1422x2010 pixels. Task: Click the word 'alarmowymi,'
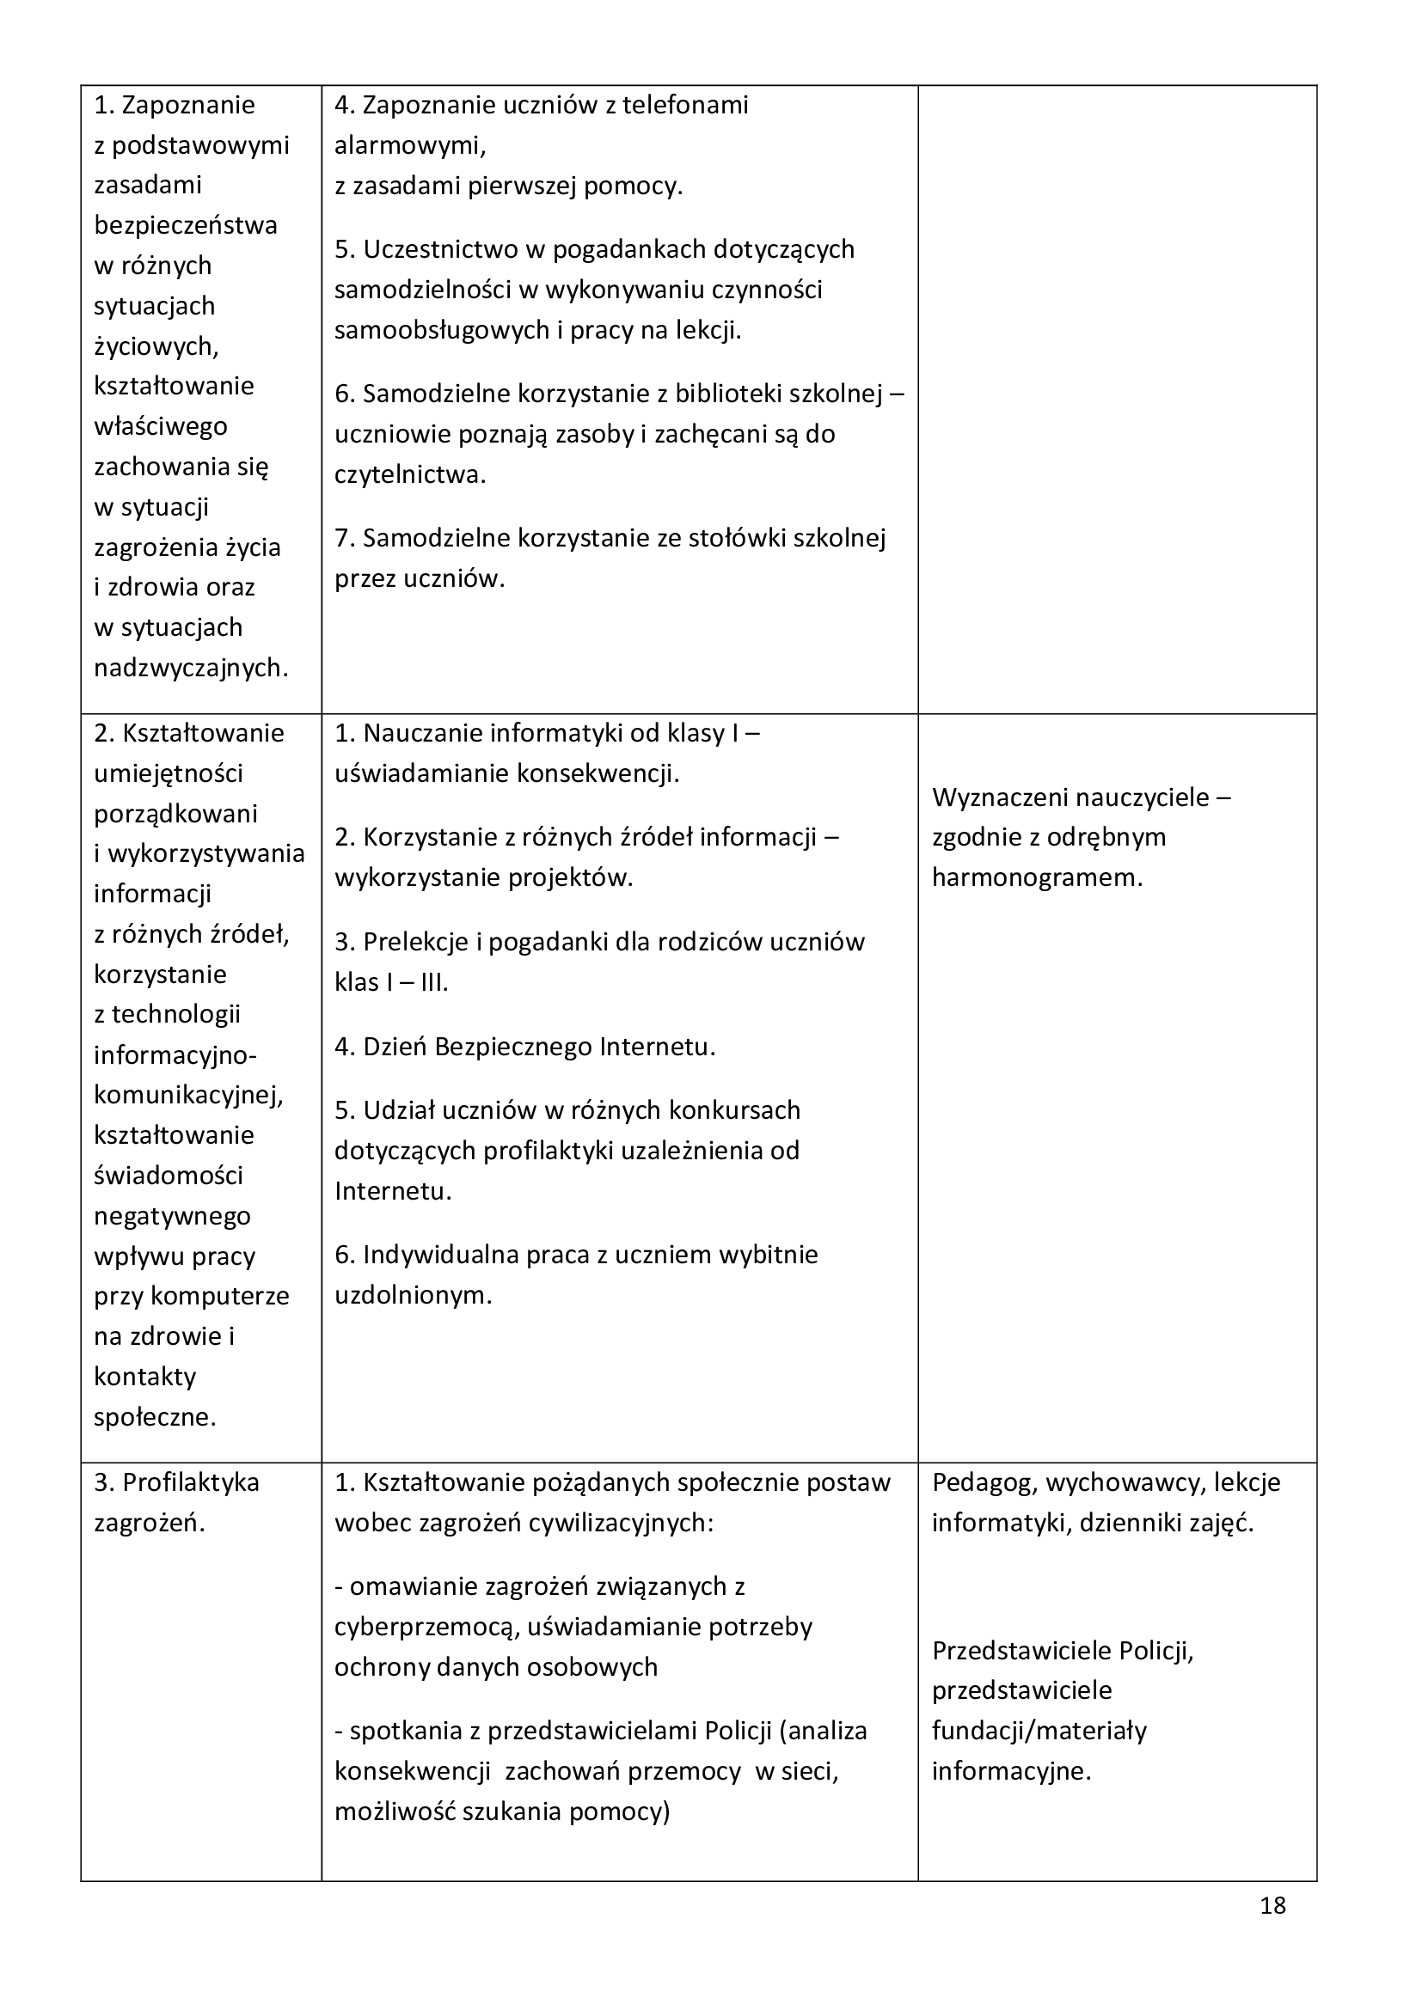(x=410, y=145)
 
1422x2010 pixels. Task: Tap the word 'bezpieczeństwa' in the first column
(x=186, y=225)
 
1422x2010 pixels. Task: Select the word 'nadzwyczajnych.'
(x=191, y=668)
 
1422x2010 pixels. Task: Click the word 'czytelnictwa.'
(x=410, y=474)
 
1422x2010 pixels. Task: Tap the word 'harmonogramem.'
(x=1037, y=877)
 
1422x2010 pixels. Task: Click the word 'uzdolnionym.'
(x=414, y=1296)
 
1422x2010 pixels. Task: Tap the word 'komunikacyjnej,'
(x=189, y=1095)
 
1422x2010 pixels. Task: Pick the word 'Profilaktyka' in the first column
(x=191, y=1483)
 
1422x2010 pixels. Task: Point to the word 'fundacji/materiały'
(x=1039, y=1731)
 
